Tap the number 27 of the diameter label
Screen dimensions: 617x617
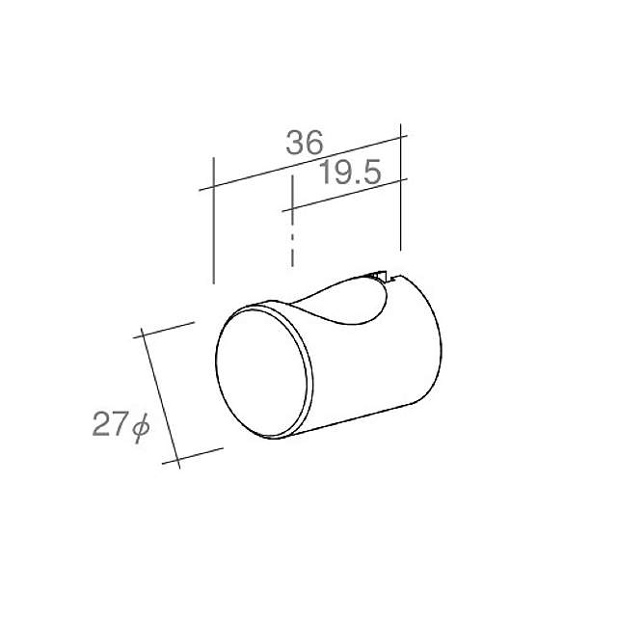tap(109, 425)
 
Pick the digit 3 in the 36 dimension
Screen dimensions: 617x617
tap(294, 145)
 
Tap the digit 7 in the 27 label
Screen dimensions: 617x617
tap(119, 425)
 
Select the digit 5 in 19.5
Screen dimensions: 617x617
tap(374, 173)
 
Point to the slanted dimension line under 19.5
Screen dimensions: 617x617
tap(347, 193)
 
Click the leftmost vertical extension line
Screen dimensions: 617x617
tap(212, 222)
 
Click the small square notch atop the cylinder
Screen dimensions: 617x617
tap(380, 279)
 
